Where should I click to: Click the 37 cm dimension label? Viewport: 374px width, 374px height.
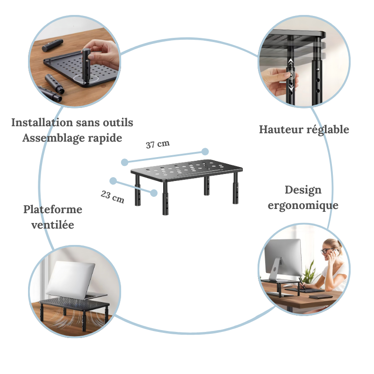[x=158, y=144]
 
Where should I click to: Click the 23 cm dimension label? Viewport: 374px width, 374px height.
[x=112, y=197]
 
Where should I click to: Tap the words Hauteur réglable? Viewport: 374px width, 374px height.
[x=304, y=129]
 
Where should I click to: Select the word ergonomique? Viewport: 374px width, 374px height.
[x=303, y=205]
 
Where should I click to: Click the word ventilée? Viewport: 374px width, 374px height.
[x=52, y=225]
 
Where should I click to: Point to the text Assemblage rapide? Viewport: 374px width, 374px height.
[x=72, y=138]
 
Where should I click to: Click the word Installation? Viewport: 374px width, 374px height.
[x=42, y=123]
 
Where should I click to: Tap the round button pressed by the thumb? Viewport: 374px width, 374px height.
[x=290, y=75]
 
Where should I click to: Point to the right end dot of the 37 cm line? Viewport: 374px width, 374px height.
[x=205, y=151]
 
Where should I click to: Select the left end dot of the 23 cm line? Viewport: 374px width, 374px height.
[x=113, y=181]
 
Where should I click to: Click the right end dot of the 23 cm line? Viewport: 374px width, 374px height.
[x=154, y=192]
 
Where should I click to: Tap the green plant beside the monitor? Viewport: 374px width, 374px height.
[x=309, y=273]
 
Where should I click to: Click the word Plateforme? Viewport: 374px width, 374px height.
[x=53, y=209]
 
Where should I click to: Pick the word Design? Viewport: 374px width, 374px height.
[x=303, y=190]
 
